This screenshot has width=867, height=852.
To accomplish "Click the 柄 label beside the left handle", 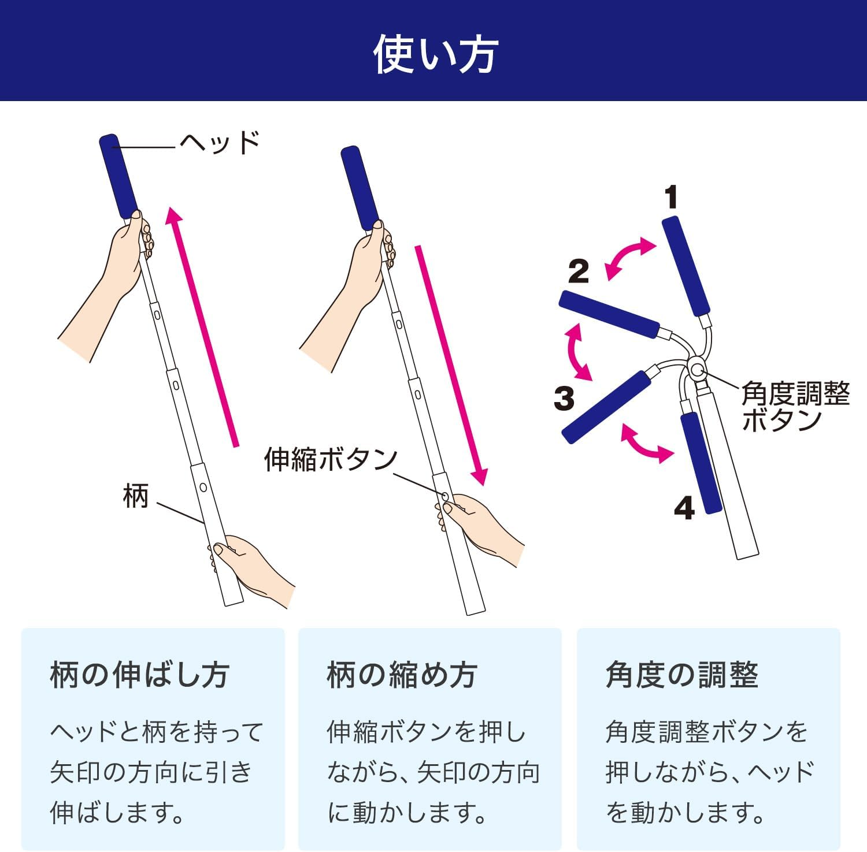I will tap(136, 496).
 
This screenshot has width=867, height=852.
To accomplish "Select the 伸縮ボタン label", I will tap(331, 459).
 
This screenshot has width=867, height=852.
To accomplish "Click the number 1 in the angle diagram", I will tap(670, 198).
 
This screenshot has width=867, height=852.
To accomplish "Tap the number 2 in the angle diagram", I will tap(578, 271).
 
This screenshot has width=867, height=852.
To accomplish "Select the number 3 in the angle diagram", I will tap(564, 398).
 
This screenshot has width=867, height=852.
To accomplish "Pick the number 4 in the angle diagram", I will tap(684, 508).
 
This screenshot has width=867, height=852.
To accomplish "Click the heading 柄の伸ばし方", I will tap(140, 675).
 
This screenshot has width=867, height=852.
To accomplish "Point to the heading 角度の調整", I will tap(682, 675).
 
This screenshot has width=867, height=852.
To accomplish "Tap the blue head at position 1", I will tap(686, 266).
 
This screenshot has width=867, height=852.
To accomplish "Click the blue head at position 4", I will tap(702, 462).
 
